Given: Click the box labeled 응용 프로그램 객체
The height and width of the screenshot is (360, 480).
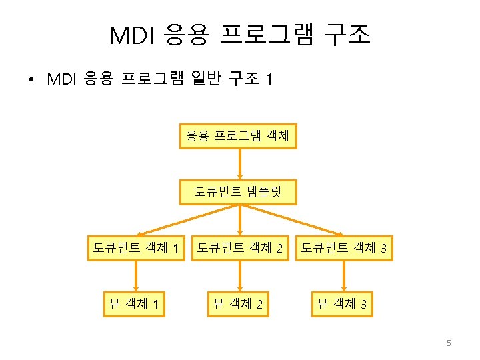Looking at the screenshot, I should [239, 137].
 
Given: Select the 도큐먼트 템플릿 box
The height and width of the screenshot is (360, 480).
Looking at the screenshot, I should [239, 193].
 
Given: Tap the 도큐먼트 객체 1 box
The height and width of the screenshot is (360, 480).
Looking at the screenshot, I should [136, 249].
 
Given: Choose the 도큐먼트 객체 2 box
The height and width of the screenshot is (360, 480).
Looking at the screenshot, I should [241, 249].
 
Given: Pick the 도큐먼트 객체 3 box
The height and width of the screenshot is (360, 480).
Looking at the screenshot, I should [344, 249].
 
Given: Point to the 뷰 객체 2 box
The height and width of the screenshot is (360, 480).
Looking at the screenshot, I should [238, 305].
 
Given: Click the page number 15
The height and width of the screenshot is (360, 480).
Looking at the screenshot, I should [447, 343].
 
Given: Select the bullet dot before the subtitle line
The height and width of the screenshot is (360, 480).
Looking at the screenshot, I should [31, 81].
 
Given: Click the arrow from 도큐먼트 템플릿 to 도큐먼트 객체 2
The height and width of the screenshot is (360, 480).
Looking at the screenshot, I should [240, 221].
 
